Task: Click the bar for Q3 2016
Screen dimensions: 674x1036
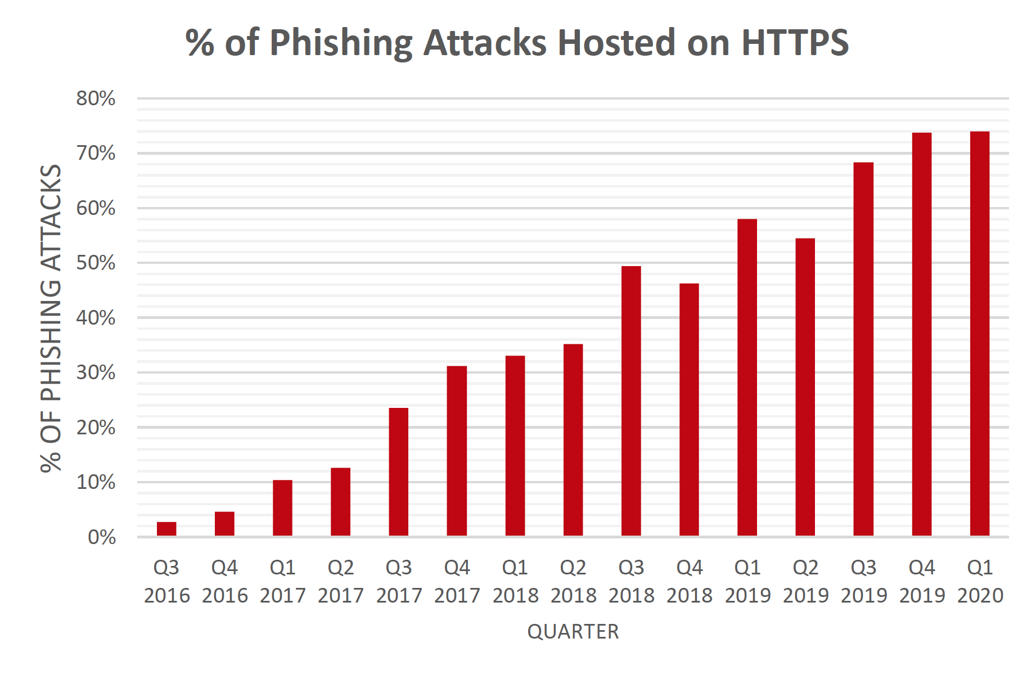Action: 166,529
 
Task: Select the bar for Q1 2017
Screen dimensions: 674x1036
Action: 282,508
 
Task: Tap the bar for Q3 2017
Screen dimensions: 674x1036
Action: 398,472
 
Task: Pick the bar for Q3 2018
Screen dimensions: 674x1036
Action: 631,401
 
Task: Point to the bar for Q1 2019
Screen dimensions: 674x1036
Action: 747,377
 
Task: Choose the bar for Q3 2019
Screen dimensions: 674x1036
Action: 863,349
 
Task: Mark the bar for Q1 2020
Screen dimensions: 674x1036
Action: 979,333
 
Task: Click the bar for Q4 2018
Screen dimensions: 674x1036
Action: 689,410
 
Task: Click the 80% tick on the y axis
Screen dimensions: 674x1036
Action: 96,98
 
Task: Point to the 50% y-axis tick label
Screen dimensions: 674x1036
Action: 96,263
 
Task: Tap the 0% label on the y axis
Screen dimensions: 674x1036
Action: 102,537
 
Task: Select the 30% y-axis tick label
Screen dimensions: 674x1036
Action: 96,372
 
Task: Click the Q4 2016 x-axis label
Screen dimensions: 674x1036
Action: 224,581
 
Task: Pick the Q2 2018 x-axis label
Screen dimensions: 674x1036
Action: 573,581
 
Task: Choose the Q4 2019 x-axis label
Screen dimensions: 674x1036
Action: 922,581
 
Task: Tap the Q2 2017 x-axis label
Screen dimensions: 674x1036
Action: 341,581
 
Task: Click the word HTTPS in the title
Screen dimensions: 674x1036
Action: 795,42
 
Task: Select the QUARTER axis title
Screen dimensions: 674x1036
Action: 573,632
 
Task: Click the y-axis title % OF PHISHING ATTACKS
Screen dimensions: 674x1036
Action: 51,318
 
